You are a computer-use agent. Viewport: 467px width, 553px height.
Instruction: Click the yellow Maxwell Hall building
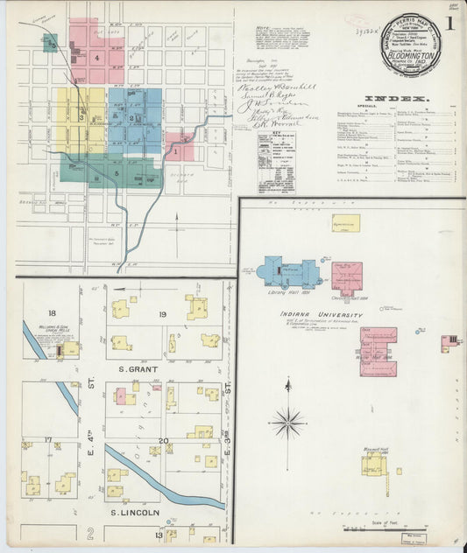point(373,463)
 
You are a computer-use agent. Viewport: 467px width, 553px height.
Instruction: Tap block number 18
point(52,312)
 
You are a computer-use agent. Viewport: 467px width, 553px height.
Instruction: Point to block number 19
point(162,313)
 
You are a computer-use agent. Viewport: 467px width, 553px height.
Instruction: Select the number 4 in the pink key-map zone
point(97,58)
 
